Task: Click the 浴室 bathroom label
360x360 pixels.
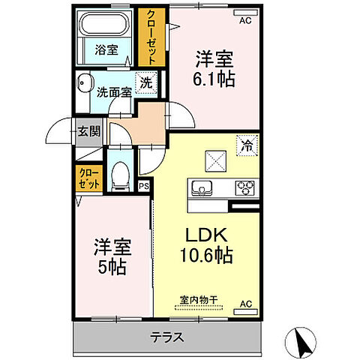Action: coord(105,50)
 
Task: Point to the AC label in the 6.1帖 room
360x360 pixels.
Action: coord(244,21)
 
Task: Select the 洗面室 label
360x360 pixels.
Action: coord(114,92)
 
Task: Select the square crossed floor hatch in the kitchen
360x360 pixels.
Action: coord(216,159)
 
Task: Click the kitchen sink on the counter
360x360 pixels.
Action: coord(203,187)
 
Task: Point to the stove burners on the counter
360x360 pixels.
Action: coord(246,187)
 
